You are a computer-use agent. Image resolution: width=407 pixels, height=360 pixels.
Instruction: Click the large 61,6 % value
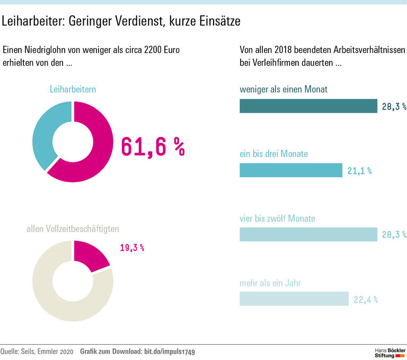pyautogui.click(x=153, y=147)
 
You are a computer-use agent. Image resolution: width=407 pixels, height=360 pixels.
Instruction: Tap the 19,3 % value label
pyautogui.click(x=131, y=247)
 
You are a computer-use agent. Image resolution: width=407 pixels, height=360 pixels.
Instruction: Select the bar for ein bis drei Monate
pyautogui.click(x=291, y=170)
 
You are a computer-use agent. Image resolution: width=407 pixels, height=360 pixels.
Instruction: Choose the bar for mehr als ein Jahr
pyautogui.click(x=294, y=299)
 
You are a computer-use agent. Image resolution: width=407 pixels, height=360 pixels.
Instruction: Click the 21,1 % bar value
pyautogui.click(x=359, y=170)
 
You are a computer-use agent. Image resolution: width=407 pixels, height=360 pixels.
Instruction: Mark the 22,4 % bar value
pyautogui.click(x=366, y=300)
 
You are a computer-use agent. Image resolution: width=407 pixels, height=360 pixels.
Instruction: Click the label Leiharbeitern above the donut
pyautogui.click(x=73, y=89)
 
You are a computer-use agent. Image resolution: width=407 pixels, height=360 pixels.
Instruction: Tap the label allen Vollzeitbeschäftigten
pyautogui.click(x=73, y=229)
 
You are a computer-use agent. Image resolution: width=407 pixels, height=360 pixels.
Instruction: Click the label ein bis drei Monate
pyautogui.click(x=273, y=154)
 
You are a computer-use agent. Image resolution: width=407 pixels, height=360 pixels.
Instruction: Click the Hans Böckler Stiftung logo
pyautogui.click(x=390, y=353)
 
